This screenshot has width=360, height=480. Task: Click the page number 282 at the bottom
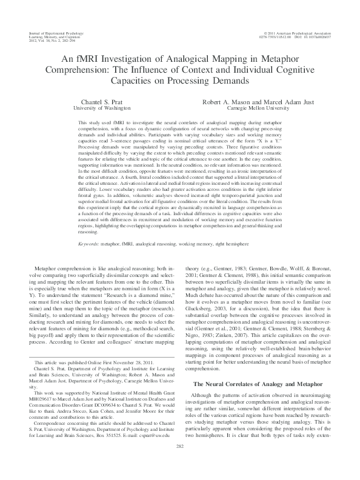[179, 462]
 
